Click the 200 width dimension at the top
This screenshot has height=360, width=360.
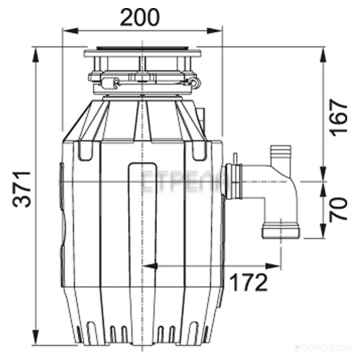pyautogui.click(x=142, y=16)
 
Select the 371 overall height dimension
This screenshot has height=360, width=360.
pyautogui.click(x=25, y=190)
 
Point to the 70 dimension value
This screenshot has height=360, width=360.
pyautogui.click(x=339, y=210)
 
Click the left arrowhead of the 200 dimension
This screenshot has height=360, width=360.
pyautogui.click(x=66, y=33)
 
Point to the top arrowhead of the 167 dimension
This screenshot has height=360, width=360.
pyautogui.click(x=322, y=51)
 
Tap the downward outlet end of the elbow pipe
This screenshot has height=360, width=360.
pyautogui.click(x=280, y=233)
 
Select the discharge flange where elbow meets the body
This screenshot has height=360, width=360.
pyautogui.click(x=234, y=181)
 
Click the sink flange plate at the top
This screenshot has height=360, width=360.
pyautogui.click(x=142, y=54)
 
